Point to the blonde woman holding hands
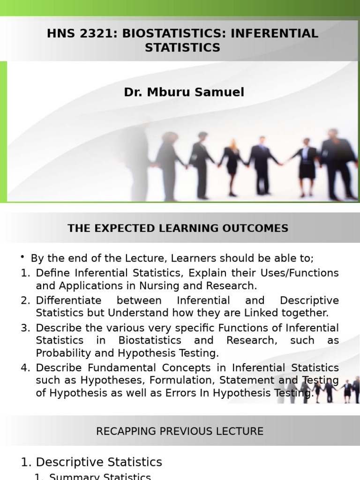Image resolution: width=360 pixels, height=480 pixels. [232, 165]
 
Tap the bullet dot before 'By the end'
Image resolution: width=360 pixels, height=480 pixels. [22, 257]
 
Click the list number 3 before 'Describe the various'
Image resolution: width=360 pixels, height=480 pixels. [24, 328]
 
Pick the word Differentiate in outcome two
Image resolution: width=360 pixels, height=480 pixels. [68, 300]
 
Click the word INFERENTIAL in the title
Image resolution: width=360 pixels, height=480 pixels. [274, 33]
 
